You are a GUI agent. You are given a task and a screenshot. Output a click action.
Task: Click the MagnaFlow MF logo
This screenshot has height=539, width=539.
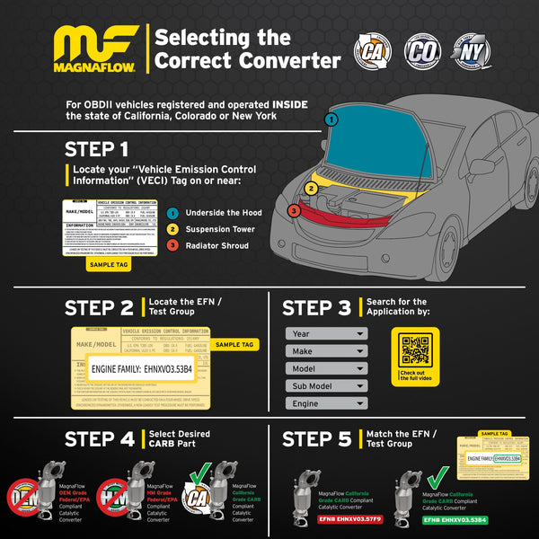click(96, 43)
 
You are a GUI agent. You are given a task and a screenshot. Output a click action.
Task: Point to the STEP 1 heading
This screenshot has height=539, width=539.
click(96, 149)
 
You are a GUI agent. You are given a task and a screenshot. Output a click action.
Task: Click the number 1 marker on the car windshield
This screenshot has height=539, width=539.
click(331, 119)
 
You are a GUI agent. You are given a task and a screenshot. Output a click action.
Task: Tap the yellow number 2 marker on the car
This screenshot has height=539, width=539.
click(311, 188)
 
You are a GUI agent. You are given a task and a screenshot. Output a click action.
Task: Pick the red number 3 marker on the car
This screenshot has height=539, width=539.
click(294, 211)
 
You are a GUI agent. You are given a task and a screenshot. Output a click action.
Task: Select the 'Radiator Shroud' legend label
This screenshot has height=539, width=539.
click(216, 244)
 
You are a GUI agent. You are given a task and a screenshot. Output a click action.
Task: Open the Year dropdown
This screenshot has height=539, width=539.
click(326, 333)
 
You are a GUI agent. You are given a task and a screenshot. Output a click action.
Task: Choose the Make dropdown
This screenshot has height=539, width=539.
click(326, 350)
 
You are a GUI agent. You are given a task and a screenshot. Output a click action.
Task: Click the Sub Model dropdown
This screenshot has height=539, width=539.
click(326, 386)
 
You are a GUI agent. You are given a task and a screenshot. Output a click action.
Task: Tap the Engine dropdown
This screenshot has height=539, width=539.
click(326, 404)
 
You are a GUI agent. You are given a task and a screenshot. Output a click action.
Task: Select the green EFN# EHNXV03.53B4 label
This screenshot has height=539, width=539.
click(455, 520)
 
